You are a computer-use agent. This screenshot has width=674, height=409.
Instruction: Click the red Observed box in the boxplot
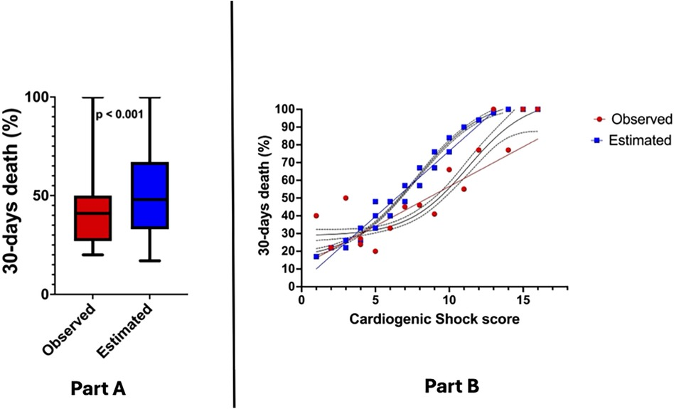click(x=93, y=218)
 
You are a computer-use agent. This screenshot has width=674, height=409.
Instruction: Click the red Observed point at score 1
click(x=316, y=216)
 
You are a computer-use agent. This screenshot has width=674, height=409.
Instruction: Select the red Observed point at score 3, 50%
click(x=346, y=198)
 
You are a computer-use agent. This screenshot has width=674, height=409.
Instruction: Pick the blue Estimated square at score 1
click(x=316, y=256)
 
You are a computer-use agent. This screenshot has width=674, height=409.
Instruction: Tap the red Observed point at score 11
click(x=464, y=189)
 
